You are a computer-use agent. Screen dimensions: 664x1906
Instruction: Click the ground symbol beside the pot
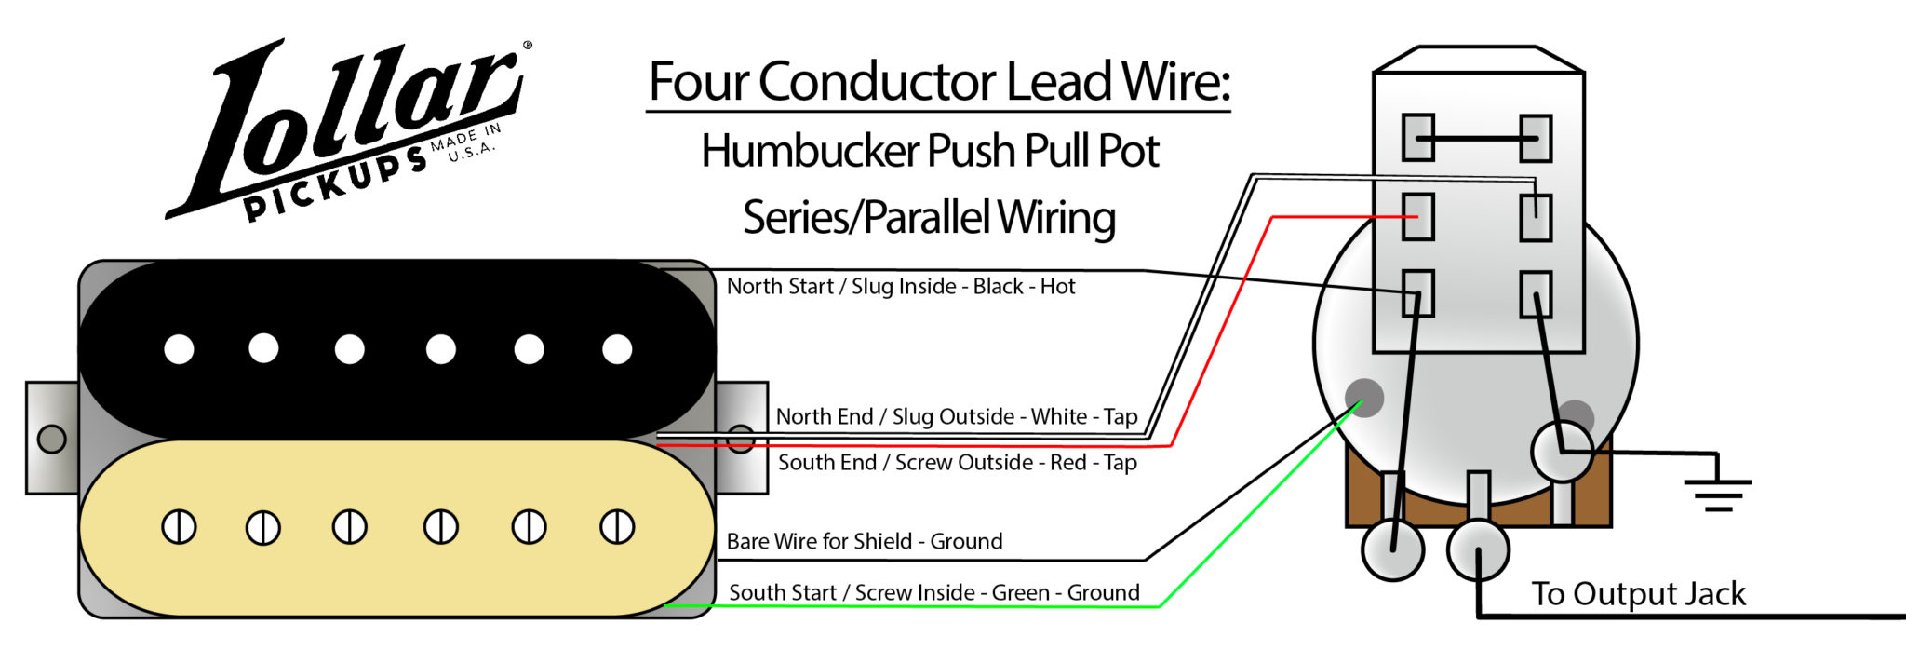[1718, 492]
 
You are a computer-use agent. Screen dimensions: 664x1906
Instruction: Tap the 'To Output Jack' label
[1638, 593]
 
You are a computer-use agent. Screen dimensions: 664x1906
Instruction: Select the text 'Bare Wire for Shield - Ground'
[865, 541]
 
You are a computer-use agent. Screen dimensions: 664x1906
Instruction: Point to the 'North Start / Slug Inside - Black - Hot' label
[900, 286]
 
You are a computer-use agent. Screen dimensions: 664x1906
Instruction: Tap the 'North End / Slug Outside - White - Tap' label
[956, 416]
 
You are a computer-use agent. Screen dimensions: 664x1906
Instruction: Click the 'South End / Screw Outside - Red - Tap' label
[957, 462]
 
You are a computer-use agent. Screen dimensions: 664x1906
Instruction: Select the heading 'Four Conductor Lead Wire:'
[938, 82]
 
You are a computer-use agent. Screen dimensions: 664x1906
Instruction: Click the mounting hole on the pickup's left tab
[51, 438]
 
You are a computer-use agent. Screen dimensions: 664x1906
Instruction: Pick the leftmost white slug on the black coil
[179, 349]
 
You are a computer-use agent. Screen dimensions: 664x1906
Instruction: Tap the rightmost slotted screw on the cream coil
[616, 527]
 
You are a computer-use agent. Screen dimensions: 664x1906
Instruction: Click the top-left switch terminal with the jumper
[1417, 138]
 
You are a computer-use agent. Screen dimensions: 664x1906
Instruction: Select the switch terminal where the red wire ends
[1417, 216]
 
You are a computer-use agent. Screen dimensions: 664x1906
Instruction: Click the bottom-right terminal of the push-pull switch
[1535, 294]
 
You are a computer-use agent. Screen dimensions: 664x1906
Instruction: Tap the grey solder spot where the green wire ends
[1364, 397]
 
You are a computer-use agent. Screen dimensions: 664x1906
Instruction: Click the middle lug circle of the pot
[1478, 549]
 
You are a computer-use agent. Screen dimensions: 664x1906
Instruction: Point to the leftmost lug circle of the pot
[1392, 549]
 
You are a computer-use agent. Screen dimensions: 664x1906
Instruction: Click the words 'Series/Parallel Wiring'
[929, 217]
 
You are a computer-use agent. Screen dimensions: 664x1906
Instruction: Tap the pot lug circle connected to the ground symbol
[1562, 451]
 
